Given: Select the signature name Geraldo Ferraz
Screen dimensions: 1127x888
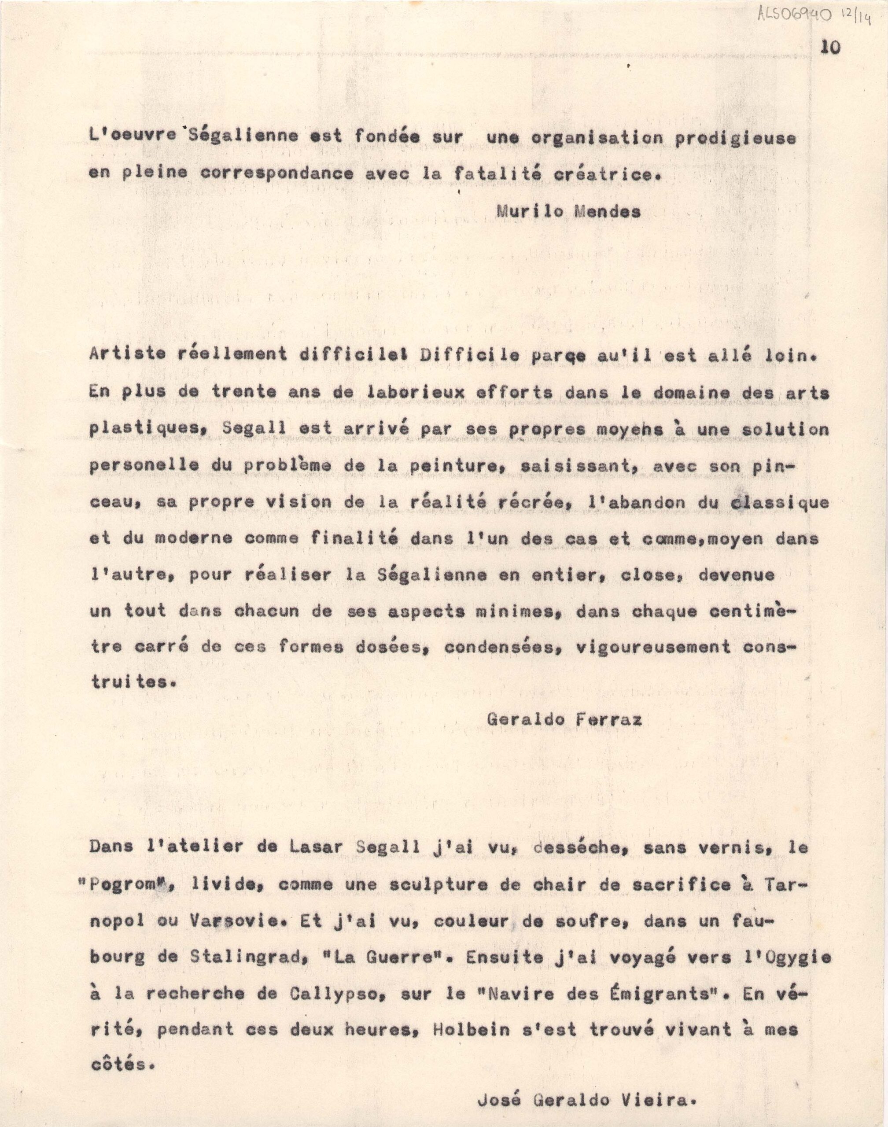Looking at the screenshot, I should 564,719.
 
